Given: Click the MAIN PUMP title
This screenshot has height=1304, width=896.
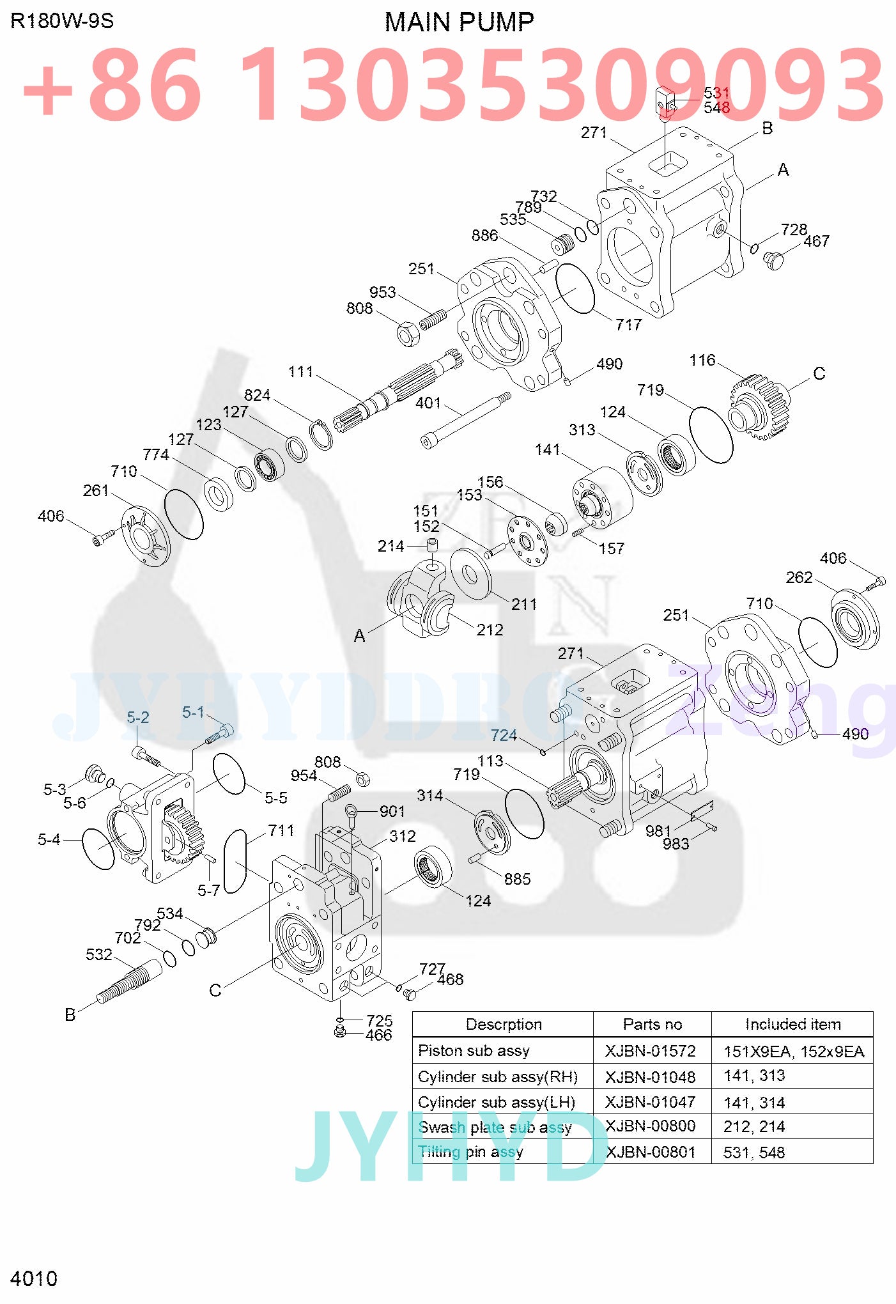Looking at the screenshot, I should pos(459,22).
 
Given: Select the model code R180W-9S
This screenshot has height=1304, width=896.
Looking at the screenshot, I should pos(62,21).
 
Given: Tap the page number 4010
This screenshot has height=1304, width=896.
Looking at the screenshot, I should pos(34,1278).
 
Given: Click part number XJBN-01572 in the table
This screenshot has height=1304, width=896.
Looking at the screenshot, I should pos(650,1051).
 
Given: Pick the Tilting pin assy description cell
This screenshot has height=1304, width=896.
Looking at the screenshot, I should pos(470,1152).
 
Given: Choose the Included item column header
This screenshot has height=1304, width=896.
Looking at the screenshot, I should pos(792,1025).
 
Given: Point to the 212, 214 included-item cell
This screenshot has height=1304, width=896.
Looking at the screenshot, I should pos(753,1126).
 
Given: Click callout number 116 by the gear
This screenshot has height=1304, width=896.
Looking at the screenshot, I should pos(702,361).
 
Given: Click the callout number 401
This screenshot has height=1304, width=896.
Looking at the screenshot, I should pos(428,403).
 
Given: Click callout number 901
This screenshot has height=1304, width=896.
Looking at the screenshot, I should pos(392,811).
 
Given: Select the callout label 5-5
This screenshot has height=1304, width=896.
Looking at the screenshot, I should pos(275,798).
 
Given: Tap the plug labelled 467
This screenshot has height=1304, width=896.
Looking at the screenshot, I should pos(773,260).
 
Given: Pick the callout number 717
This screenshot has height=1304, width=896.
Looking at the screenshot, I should pos(628,325).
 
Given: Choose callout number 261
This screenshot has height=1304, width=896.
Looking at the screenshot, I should pos(95,490).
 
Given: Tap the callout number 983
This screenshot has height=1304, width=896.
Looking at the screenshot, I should pos(676,844).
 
